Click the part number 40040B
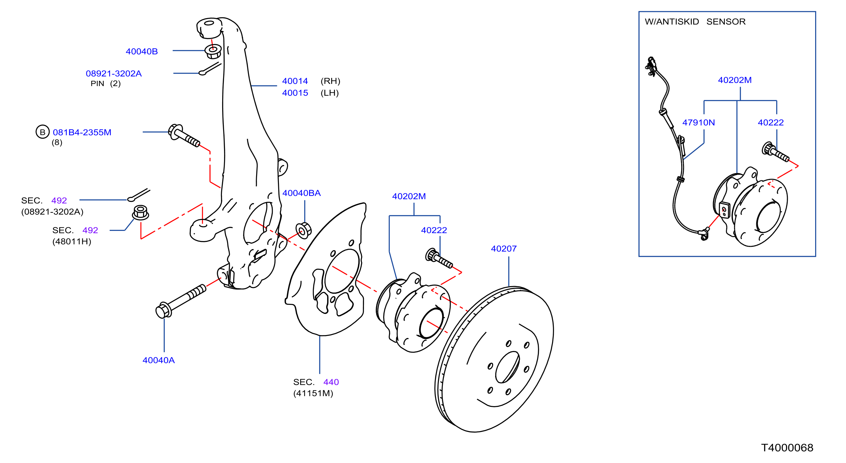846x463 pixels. click(x=141, y=51)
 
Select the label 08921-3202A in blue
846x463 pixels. click(x=114, y=73)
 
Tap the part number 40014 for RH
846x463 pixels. click(x=295, y=81)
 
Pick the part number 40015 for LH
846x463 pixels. click(x=295, y=93)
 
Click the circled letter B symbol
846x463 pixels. click(x=42, y=132)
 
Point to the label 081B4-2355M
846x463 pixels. click(x=82, y=132)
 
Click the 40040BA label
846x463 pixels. click(x=302, y=193)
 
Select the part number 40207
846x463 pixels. click(x=504, y=249)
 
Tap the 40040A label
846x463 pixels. click(x=159, y=360)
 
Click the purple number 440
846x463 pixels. click(x=331, y=382)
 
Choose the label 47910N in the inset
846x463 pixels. click(x=699, y=122)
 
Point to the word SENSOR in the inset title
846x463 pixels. click(x=726, y=22)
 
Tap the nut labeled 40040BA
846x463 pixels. click(x=304, y=231)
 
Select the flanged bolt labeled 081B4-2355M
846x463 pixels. click(x=184, y=135)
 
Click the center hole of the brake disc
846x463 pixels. click(x=507, y=367)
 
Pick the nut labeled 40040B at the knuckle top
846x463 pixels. click(x=213, y=51)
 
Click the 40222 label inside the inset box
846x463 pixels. click(x=771, y=122)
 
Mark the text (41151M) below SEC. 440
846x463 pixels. click(x=313, y=393)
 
